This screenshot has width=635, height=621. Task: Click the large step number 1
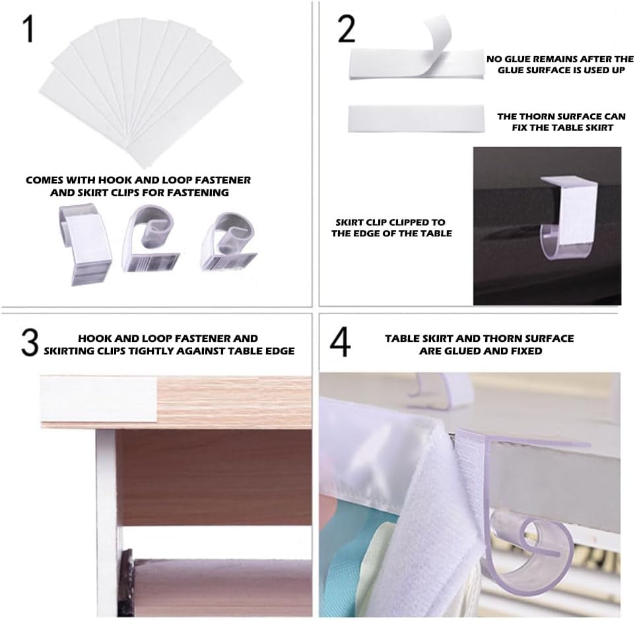[28, 29]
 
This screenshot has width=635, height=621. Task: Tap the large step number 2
[347, 29]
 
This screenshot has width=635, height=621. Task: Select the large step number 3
[30, 343]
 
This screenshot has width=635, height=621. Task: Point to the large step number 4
[340, 343]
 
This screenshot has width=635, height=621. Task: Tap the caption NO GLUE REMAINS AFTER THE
[560, 59]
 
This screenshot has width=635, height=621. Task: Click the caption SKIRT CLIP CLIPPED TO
[390, 222]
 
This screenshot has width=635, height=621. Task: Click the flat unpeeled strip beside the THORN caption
[416, 119]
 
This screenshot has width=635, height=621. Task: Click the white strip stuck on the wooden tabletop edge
[98, 399]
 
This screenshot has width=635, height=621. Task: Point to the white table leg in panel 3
[107, 522]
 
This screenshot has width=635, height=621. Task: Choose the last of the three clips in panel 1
[228, 242]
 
